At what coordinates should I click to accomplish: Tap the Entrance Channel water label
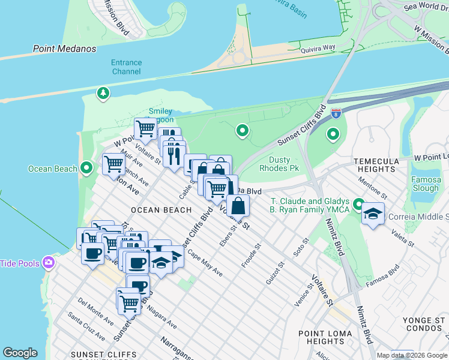[126, 67]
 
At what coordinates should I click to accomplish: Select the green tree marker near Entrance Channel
[104, 93]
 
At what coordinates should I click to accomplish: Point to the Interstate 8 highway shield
[336, 112]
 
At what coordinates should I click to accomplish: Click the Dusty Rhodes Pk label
[279, 164]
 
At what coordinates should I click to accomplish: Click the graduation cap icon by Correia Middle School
[373, 214]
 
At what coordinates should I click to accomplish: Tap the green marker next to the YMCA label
[359, 205]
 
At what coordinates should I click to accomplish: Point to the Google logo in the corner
[20, 353]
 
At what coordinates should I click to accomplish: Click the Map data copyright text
[412, 355]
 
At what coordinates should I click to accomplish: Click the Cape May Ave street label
[205, 263]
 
